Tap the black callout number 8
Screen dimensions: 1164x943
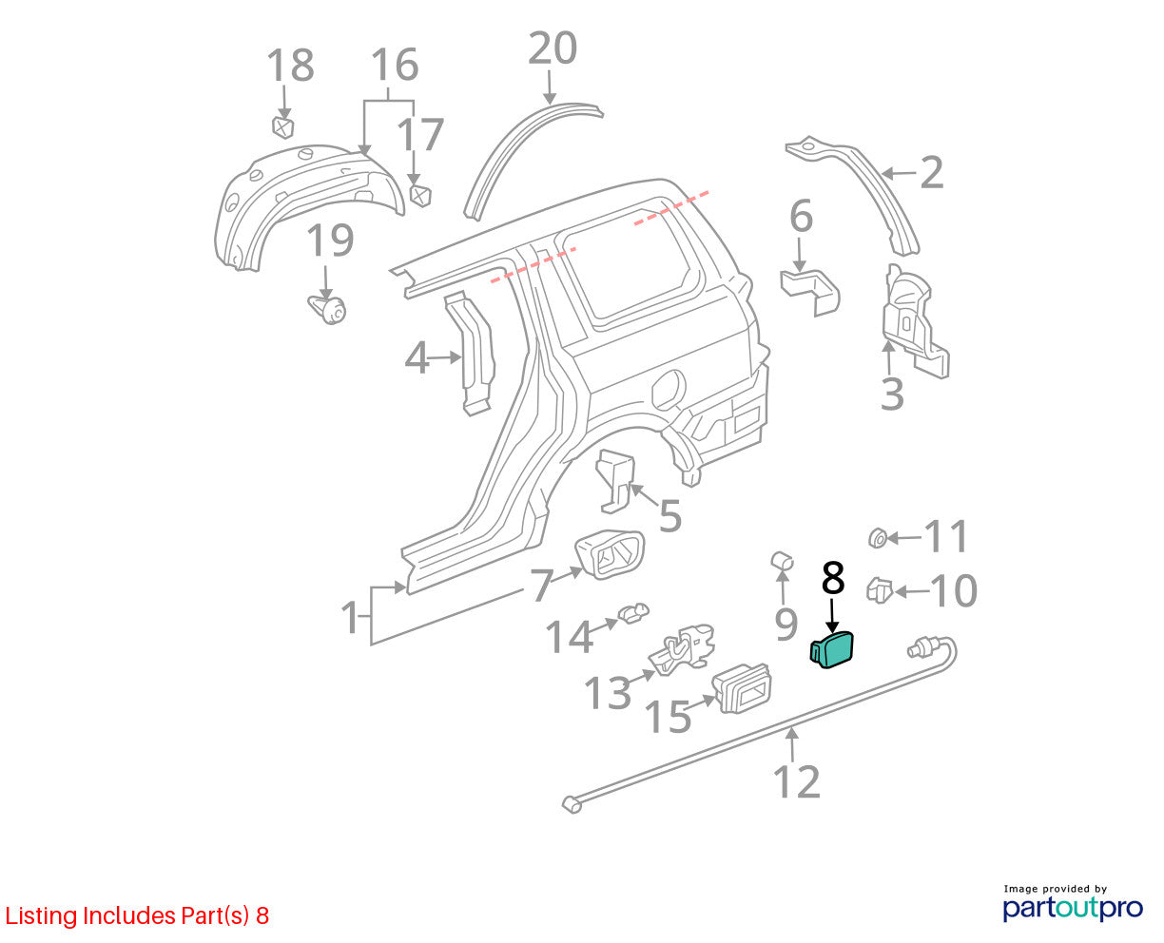(833, 578)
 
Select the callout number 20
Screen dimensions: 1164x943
(552, 49)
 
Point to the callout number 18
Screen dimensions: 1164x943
(290, 65)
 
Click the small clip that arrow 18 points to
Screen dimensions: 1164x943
(282, 127)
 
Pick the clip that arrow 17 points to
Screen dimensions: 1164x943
(420, 196)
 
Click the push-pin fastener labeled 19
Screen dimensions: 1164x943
(327, 310)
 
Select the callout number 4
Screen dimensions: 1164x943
(416, 358)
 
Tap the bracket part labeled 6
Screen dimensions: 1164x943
(810, 291)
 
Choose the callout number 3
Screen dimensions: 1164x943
(892, 394)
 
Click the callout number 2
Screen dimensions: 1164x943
(932, 173)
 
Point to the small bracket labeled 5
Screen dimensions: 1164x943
(616, 480)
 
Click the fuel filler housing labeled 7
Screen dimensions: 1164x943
(610, 554)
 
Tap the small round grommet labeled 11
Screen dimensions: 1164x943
(877, 538)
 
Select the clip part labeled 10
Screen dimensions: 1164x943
(880, 590)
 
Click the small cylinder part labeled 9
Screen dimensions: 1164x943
(782, 561)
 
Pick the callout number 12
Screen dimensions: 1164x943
(797, 781)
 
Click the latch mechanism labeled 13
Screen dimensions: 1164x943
(682, 650)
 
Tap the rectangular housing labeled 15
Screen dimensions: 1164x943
(742, 688)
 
